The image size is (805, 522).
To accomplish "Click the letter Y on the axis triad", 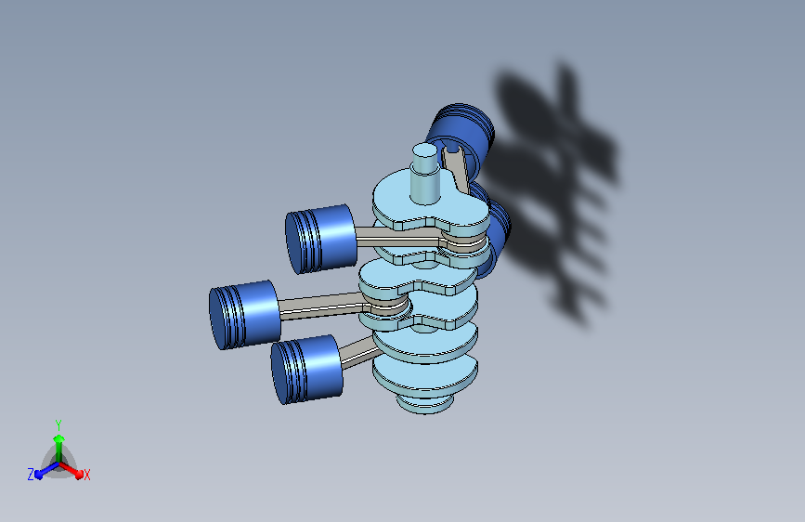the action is [x=58, y=424].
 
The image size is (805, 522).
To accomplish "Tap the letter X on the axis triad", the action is [x=86, y=475].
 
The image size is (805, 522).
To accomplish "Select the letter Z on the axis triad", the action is [x=31, y=475].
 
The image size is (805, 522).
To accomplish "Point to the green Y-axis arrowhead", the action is [x=58, y=439].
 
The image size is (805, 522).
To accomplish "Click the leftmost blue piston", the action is [x=244, y=315].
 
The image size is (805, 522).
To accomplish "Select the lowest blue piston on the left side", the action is [x=306, y=369].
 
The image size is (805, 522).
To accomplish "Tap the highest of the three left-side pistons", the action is [x=321, y=239].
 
